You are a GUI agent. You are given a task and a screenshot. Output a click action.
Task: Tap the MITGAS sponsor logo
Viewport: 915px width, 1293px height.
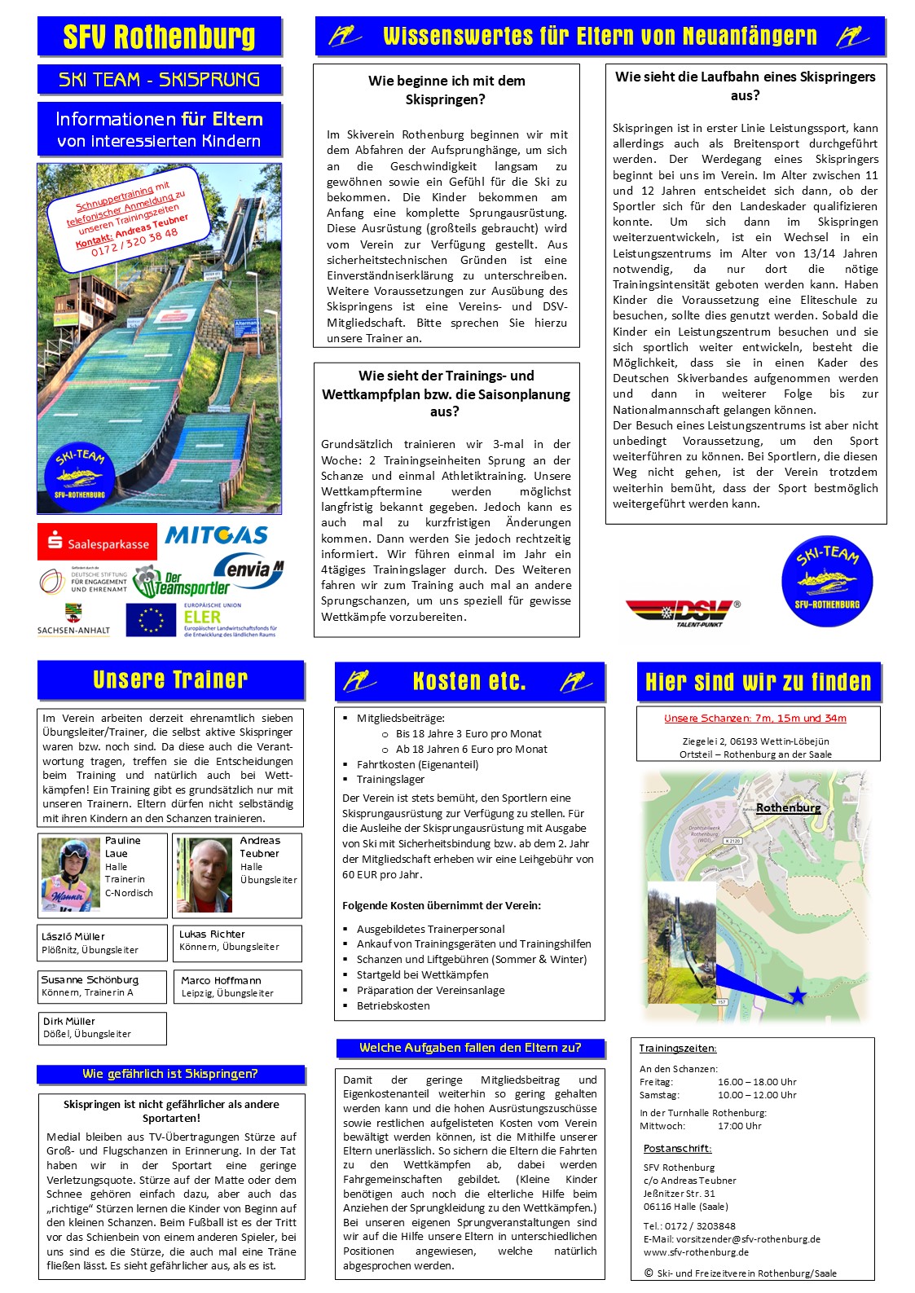[216, 535]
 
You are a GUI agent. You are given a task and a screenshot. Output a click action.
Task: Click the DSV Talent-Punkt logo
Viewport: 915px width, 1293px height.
[682, 612]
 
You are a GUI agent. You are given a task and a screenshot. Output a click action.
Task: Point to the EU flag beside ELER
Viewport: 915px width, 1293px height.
[152, 620]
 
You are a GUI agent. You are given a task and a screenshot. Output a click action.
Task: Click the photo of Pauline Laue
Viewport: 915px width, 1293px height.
[70, 874]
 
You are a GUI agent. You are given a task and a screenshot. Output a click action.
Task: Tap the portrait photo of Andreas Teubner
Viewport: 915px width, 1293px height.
[205, 875]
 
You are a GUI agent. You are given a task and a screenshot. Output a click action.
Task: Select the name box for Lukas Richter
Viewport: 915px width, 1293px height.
[237, 941]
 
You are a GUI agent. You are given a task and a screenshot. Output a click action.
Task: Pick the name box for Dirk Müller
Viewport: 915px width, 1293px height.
[102, 1027]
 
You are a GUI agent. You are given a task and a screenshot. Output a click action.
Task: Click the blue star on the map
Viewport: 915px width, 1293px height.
[797, 995]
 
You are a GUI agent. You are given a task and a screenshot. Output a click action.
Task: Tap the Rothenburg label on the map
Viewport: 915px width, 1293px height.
[788, 807]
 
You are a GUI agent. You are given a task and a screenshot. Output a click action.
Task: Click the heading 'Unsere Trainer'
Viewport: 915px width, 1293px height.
[170, 679]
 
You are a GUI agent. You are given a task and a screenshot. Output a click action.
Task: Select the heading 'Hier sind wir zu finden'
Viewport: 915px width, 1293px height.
[759, 681]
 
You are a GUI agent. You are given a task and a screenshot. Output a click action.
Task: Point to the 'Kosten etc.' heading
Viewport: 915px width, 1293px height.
[469, 681]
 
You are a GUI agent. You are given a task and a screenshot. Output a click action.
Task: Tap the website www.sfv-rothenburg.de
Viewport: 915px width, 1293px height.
[696, 1252]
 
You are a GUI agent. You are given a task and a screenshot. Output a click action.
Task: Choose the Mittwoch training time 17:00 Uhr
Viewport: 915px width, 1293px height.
[739, 1126]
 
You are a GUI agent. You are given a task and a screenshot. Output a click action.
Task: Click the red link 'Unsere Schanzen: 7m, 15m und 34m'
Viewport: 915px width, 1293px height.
[755, 719]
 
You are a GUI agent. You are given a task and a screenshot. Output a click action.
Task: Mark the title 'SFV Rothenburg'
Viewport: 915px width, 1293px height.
[160, 37]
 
